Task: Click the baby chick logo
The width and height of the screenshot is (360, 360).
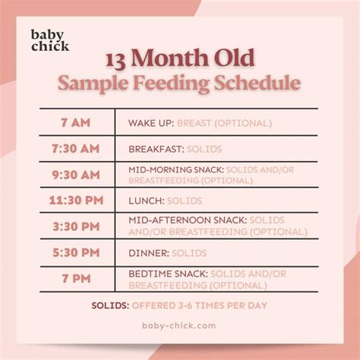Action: pyautogui.click(x=50, y=40)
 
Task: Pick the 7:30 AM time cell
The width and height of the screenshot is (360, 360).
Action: pyautogui.click(x=77, y=148)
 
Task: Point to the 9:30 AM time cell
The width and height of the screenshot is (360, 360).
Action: pyautogui.click(x=77, y=175)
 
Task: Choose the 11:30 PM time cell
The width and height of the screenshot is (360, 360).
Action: pyautogui.click(x=77, y=201)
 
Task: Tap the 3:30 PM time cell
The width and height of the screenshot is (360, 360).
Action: pyautogui.click(x=77, y=226)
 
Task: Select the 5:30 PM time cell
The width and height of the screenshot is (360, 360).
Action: pyautogui.click(x=77, y=253)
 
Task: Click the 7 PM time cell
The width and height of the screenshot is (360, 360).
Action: pyautogui.click(x=77, y=279)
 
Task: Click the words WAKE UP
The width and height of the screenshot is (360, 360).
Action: pyautogui.click(x=151, y=121)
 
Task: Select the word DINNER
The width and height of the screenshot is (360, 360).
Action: pyautogui.click(x=148, y=253)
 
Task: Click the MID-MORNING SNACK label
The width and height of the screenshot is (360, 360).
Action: pyautogui.click(x=175, y=169)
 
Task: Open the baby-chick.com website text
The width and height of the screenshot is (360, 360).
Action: pyautogui.click(x=179, y=325)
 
